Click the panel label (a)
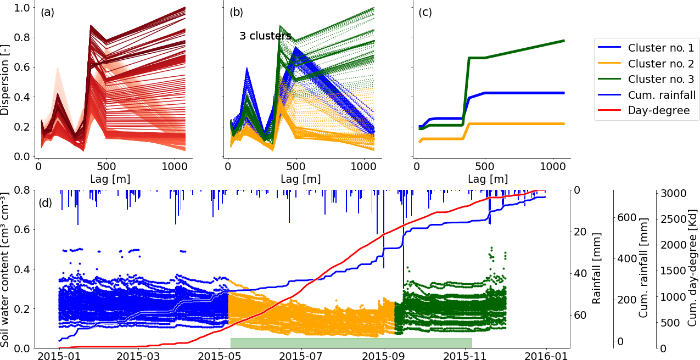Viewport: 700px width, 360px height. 47,12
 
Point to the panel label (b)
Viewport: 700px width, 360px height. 236,12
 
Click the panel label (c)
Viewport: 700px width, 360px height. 425,12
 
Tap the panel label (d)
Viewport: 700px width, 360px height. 46,203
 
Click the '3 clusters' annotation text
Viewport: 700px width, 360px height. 265,36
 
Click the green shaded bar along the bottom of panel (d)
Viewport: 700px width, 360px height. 351,343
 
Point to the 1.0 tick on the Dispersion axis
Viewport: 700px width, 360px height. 22,8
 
